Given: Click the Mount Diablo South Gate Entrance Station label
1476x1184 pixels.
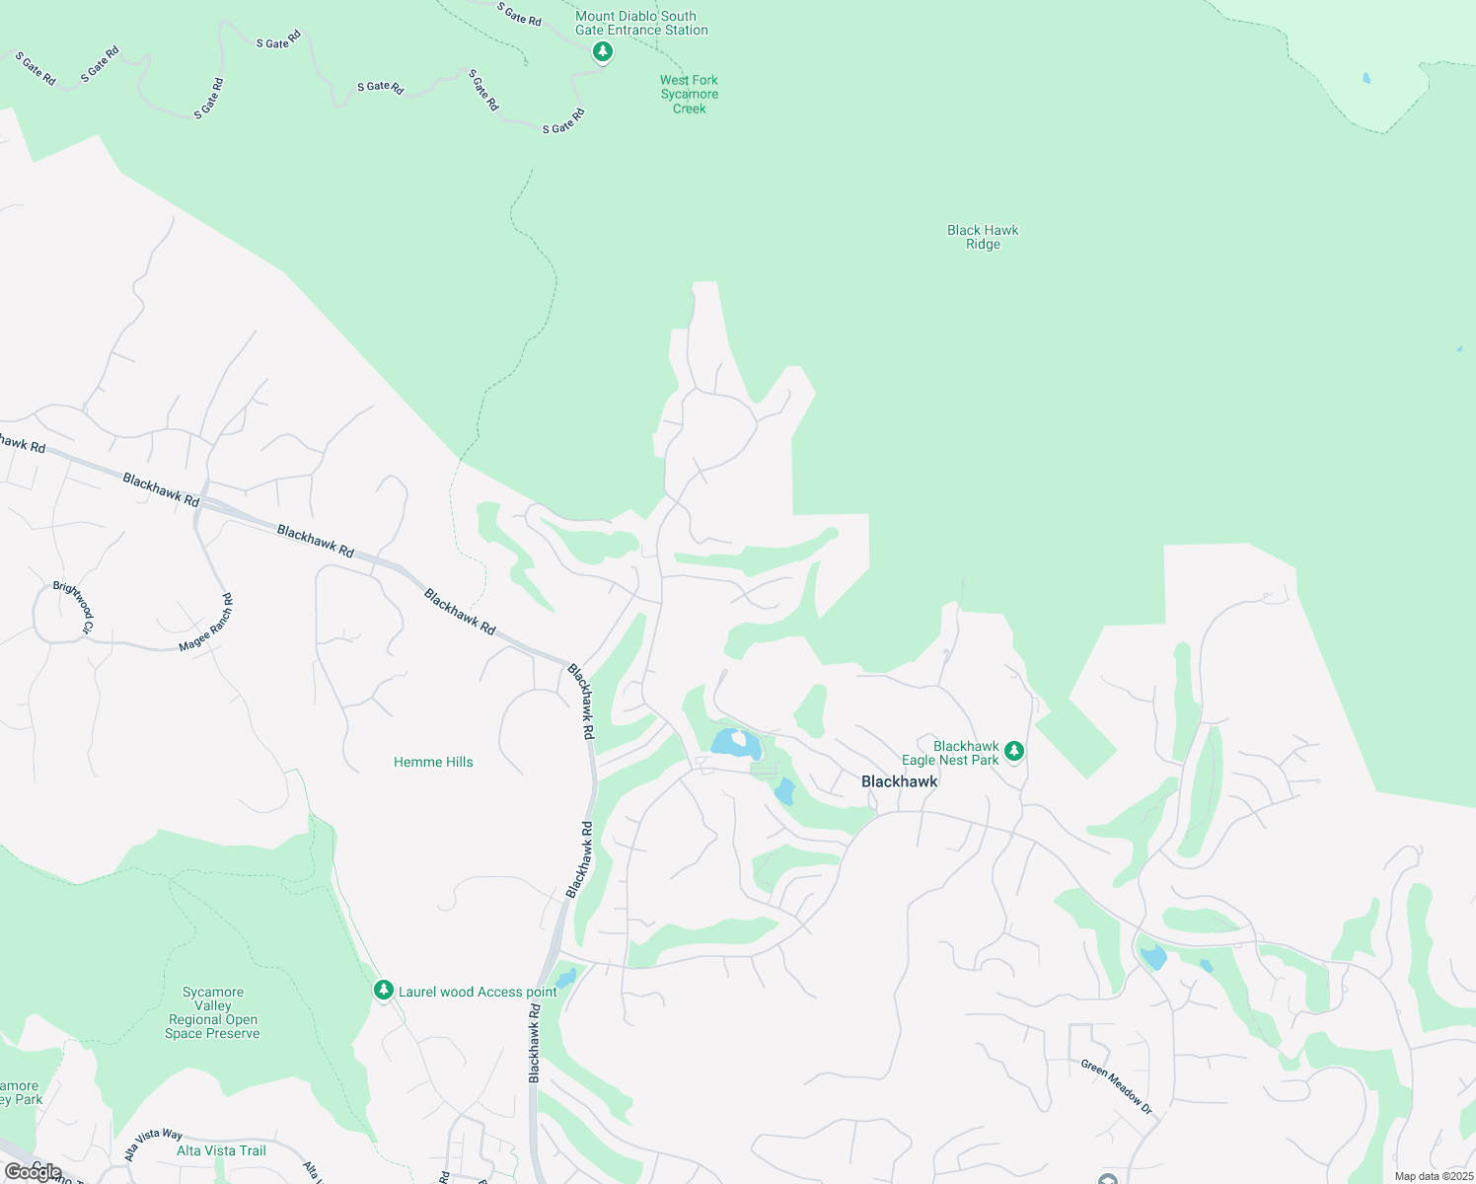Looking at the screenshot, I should click(x=641, y=23).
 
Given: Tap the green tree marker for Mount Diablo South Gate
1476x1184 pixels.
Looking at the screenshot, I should click(x=603, y=51).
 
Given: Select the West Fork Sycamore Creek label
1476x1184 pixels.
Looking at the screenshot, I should click(x=689, y=95).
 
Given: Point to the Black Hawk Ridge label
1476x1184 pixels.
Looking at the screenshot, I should click(x=983, y=237).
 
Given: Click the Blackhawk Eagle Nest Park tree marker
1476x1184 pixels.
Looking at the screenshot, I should click(x=1013, y=752).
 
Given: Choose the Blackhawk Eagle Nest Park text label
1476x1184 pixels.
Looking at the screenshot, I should click(x=951, y=753).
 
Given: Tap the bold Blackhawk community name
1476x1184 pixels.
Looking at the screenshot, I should click(x=899, y=781).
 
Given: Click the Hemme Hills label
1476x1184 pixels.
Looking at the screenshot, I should click(x=433, y=762).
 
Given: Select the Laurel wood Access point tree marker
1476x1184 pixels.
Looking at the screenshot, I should click(x=384, y=990).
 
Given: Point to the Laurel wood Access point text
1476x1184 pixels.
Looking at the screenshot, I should click(x=478, y=992).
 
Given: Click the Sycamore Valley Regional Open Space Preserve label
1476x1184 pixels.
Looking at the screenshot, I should click(x=212, y=1013).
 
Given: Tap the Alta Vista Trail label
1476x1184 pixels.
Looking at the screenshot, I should click(x=221, y=1150).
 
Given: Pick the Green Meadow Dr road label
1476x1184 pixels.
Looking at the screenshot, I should click(x=1116, y=1087).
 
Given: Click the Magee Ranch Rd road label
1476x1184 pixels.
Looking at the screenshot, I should click(x=206, y=623).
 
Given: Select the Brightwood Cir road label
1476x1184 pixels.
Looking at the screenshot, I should click(x=75, y=607).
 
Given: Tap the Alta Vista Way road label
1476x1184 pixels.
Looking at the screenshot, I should click(x=154, y=1146).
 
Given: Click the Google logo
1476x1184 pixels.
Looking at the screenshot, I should click(x=33, y=1172).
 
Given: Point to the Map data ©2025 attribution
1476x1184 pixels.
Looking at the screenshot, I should click(x=1433, y=1176).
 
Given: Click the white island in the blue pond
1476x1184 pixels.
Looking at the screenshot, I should click(x=738, y=739).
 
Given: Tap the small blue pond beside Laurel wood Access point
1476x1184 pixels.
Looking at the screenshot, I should click(x=565, y=979).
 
